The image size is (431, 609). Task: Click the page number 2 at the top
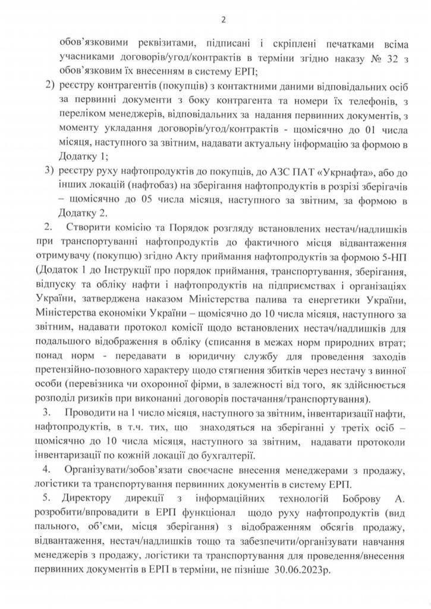224,20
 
